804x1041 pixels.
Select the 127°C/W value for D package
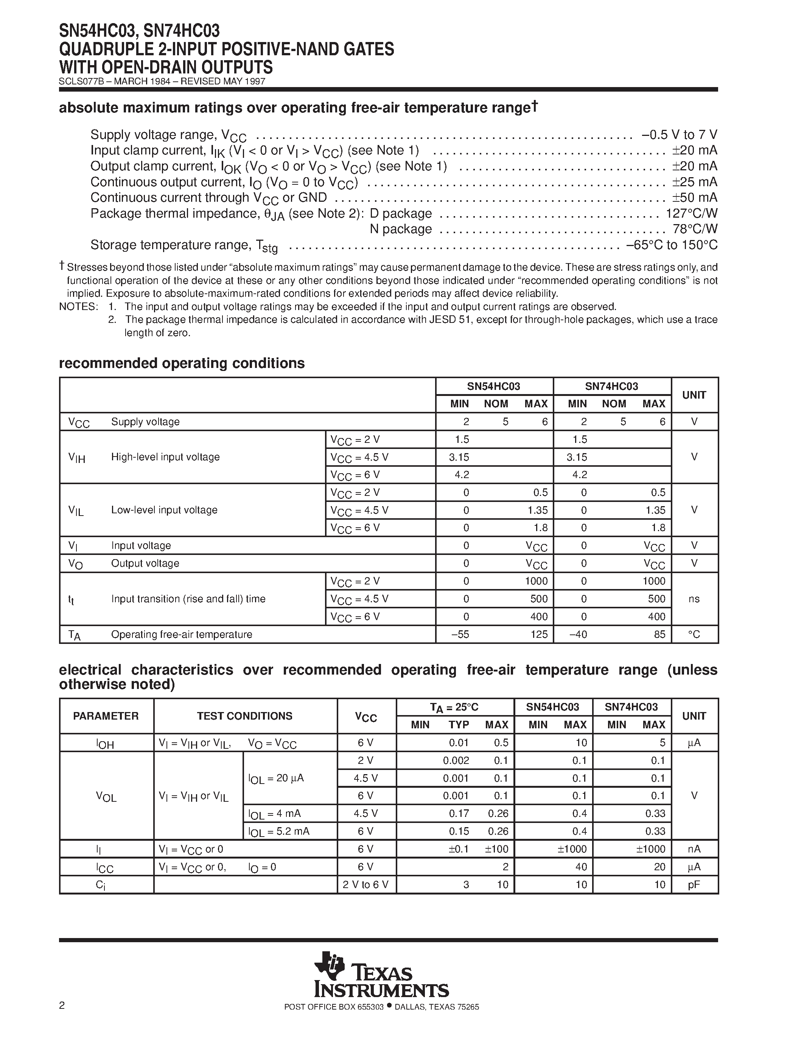[692, 213]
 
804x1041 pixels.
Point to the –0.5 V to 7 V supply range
[679, 134]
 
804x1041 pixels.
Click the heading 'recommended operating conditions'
[182, 363]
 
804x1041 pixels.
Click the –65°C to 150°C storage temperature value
[672, 245]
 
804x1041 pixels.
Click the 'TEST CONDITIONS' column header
[245, 716]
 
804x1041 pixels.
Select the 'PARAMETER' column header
[106, 716]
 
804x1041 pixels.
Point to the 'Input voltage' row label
[141, 545]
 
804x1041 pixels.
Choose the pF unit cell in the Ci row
[694, 885]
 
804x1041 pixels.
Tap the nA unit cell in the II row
[694, 849]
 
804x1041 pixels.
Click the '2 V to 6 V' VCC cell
[365, 885]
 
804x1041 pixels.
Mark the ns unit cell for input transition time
[694, 599]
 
